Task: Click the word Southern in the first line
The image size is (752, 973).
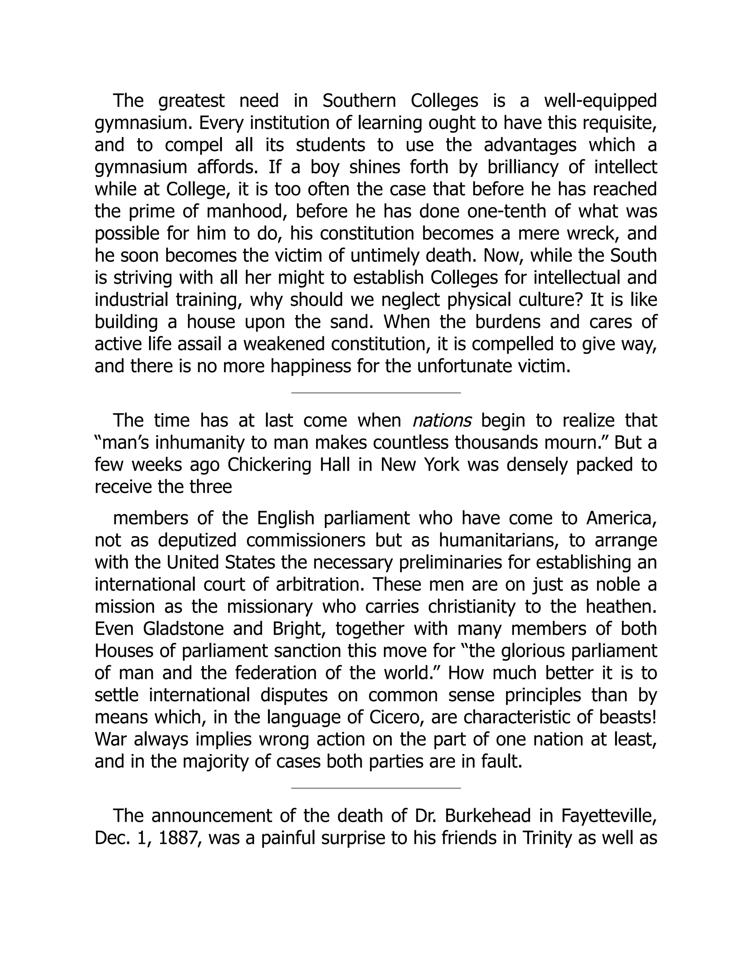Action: tap(359, 101)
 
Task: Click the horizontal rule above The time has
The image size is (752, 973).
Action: tap(376, 393)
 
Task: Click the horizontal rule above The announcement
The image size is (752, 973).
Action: tap(376, 788)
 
